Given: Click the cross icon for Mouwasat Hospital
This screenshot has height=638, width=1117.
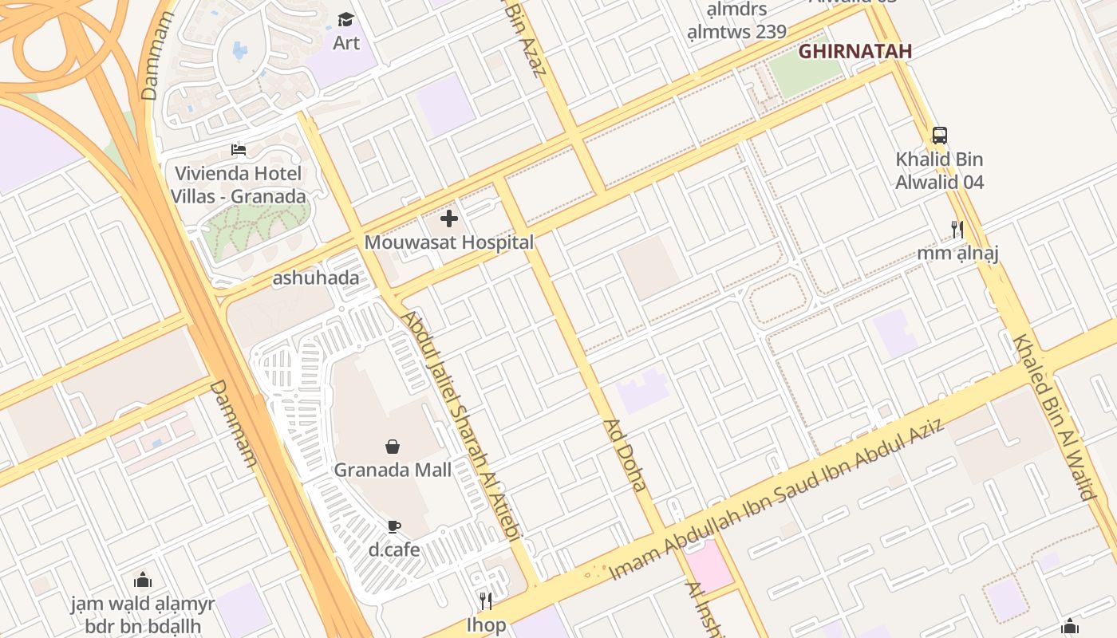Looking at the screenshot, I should (x=449, y=218).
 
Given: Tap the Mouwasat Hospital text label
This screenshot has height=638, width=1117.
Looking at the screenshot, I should (x=449, y=242).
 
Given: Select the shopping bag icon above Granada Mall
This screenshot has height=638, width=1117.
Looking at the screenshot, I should (x=393, y=446).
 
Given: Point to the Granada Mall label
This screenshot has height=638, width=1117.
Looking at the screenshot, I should (x=393, y=470).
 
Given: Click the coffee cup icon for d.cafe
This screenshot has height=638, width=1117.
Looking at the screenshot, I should (x=393, y=526).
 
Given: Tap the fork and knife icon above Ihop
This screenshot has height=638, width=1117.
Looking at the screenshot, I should (x=485, y=600).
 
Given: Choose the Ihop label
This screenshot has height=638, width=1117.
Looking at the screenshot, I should (x=486, y=624).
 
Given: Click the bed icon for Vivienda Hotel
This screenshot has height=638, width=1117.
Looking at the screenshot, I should (x=238, y=149).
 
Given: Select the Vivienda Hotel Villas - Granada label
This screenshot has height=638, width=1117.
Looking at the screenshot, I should (x=238, y=185).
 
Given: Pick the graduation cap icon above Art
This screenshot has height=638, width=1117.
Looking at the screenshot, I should (x=345, y=19).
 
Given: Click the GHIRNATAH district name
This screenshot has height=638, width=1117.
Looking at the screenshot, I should (x=855, y=52).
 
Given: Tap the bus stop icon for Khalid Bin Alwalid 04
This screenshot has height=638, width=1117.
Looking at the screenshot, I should (x=940, y=136).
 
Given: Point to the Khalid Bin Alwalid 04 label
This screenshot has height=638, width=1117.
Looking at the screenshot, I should (x=940, y=171).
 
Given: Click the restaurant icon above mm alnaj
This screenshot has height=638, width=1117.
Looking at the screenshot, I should (x=957, y=230).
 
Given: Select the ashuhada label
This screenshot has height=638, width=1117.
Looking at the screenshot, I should (x=315, y=278).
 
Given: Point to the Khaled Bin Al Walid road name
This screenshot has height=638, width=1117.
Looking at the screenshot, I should (x=1054, y=416).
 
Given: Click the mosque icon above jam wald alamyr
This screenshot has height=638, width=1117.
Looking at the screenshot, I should (x=143, y=580).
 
